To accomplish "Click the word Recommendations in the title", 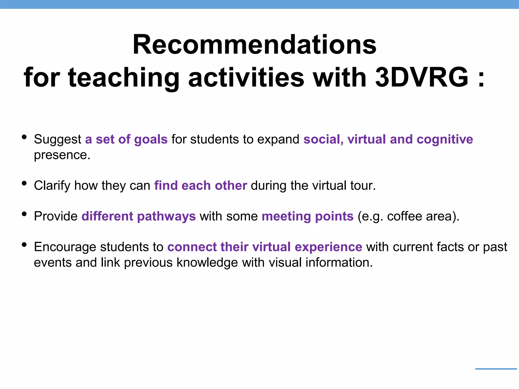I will point(254,45).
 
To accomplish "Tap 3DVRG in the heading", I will point(421,77).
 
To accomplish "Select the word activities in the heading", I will point(246,77).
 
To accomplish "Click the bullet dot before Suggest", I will point(24,137).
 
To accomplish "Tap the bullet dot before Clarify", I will point(24,183).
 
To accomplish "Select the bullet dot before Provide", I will point(24,214).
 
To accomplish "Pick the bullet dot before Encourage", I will point(24,245).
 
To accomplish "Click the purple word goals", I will point(151,140).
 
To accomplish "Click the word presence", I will point(62,155).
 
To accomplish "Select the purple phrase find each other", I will point(200,185).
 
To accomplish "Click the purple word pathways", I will point(166,217).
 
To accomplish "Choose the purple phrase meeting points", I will point(307,217).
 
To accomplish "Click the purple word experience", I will point(328,247).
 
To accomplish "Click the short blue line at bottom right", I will point(496,369).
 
